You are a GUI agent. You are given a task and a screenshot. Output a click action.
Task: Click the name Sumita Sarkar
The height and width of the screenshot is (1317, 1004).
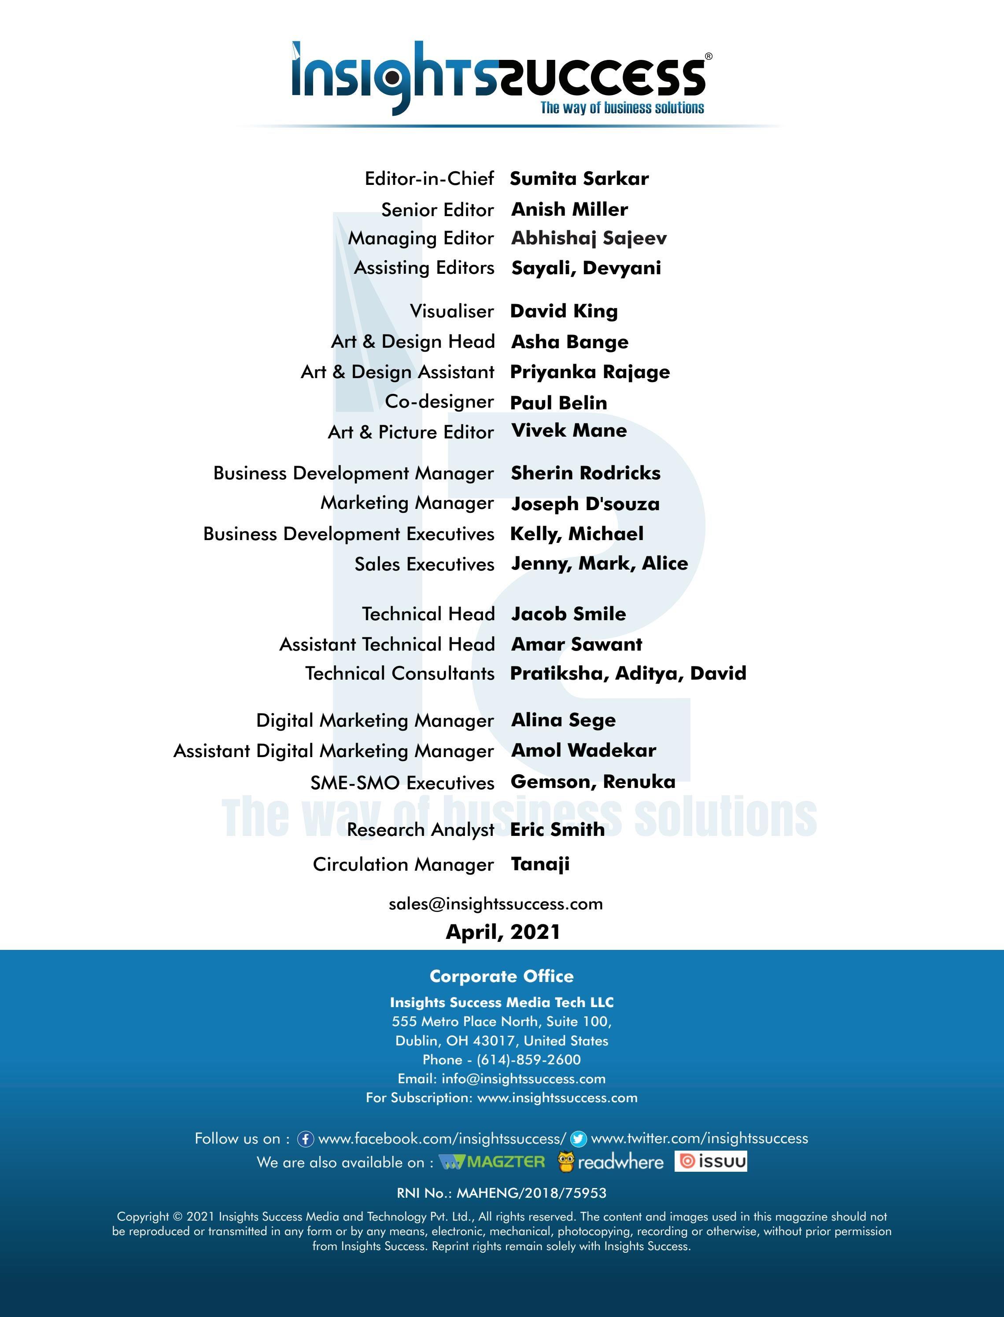click(x=579, y=179)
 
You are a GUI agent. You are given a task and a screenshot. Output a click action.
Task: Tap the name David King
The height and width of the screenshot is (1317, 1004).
click(x=564, y=311)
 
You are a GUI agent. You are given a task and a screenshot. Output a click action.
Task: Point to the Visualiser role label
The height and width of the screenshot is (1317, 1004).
click(x=451, y=311)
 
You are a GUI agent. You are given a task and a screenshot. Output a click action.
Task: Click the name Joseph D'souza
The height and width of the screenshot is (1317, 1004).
click(x=585, y=504)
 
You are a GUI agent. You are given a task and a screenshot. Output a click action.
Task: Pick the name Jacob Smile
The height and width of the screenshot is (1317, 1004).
click(x=568, y=614)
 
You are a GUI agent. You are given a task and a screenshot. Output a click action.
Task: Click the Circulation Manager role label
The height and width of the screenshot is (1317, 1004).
click(x=403, y=864)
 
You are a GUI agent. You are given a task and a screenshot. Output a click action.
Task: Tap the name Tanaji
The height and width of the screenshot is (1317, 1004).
click(x=540, y=864)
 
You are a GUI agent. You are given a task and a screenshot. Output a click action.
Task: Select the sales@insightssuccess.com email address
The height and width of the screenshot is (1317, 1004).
click(x=495, y=904)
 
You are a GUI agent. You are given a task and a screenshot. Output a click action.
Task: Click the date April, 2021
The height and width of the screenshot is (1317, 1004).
click(x=502, y=932)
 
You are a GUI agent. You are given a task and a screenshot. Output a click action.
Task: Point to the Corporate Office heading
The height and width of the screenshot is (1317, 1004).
click(x=502, y=976)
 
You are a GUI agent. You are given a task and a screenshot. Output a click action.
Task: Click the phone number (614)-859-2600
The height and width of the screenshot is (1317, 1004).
click(x=528, y=1059)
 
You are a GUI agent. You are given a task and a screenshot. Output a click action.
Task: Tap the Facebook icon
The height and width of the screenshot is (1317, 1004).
click(x=306, y=1139)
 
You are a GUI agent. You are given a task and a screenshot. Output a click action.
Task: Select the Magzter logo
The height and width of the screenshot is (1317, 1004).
click(x=492, y=1162)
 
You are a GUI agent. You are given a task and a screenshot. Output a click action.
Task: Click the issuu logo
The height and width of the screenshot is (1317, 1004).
click(x=711, y=1161)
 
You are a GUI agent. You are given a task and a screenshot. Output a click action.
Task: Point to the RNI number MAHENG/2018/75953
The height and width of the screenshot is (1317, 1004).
click(x=531, y=1193)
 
